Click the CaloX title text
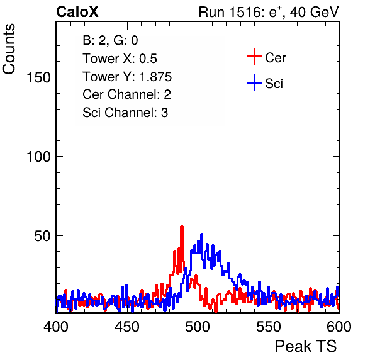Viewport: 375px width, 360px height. pyautogui.click(x=77, y=12)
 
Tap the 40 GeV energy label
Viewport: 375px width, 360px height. pyautogui.click(x=314, y=12)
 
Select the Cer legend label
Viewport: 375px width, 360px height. pyautogui.click(x=275, y=58)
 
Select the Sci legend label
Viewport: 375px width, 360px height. pyautogui.click(x=274, y=84)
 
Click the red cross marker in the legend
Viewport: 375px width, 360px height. pyautogui.click(x=254, y=57)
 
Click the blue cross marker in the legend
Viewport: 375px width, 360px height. pyautogui.click(x=254, y=82)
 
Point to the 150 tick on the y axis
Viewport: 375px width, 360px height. pyautogui.click(x=38, y=77)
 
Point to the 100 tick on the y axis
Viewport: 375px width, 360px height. pyautogui.click(x=38, y=157)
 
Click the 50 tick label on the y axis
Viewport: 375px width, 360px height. pyautogui.click(x=42, y=236)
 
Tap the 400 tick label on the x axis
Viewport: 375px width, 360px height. pyautogui.click(x=56, y=327)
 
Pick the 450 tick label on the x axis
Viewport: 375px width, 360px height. pyautogui.click(x=126, y=327)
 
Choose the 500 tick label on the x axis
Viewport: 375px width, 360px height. pyautogui.click(x=198, y=327)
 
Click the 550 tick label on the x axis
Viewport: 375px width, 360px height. pyautogui.click(x=268, y=327)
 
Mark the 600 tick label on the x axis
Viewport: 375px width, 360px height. pyautogui.click(x=339, y=327)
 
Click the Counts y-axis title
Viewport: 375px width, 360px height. pyautogui.click(x=9, y=49)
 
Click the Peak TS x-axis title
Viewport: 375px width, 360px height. pyautogui.click(x=306, y=346)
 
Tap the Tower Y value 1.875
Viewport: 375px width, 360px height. pyautogui.click(x=155, y=77)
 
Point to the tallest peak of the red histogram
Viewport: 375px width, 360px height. pyautogui.click(x=181, y=227)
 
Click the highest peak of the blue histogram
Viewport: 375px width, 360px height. pyautogui.click(x=201, y=235)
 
